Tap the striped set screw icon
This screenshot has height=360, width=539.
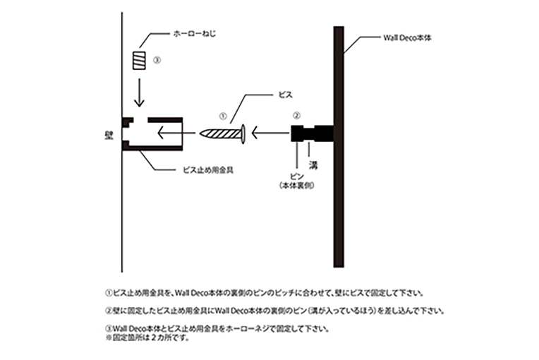[139, 60]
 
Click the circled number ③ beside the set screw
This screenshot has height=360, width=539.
[157, 60]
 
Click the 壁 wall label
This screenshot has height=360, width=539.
[109, 132]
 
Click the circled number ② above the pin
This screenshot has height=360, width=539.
[298, 114]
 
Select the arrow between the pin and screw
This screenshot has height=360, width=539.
[269, 131]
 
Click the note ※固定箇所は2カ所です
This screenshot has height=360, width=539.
[144, 337]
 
